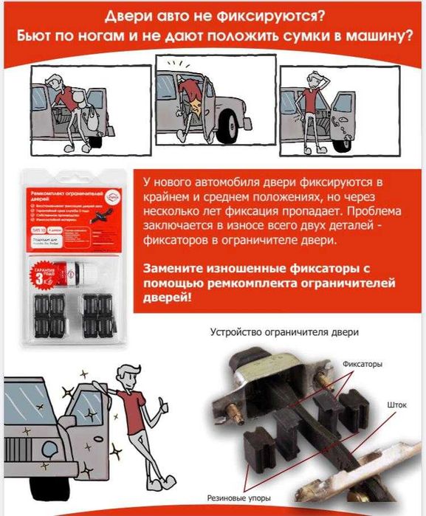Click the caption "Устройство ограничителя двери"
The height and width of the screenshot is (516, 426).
tap(285, 332)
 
